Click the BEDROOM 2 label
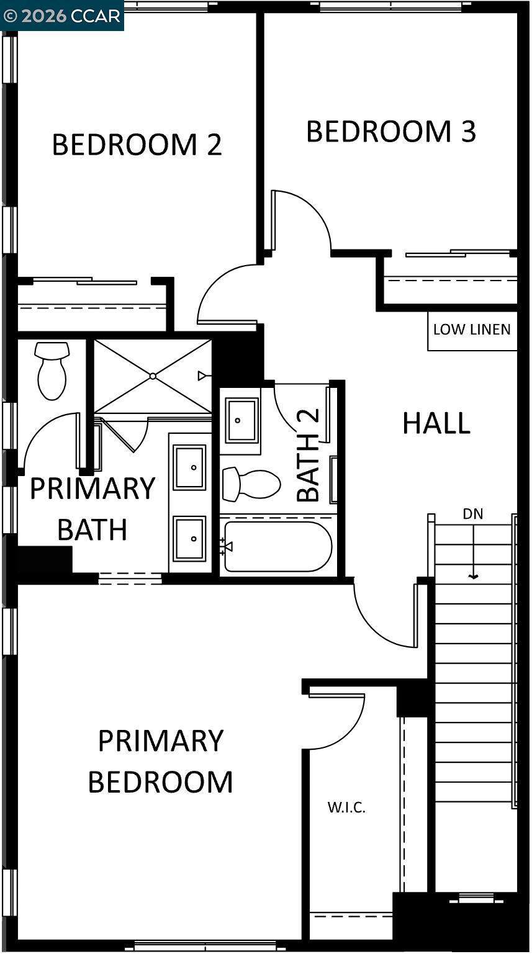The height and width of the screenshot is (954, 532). [137, 145]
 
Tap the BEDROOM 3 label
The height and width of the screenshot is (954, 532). [391, 132]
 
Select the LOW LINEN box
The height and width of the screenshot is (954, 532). [472, 330]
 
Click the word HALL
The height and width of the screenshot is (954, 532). [436, 423]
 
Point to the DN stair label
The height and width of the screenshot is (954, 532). [473, 514]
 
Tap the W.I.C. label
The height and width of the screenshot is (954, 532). [346, 808]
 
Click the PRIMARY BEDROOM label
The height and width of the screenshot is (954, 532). [160, 761]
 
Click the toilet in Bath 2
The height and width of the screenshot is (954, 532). [251, 484]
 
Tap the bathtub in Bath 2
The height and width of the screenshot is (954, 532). [277, 547]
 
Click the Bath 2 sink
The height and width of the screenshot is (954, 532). [241, 421]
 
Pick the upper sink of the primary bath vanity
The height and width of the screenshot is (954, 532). [189, 467]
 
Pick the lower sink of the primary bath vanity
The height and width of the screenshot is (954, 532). [189, 538]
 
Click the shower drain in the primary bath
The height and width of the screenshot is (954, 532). [153, 376]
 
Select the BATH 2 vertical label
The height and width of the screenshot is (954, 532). [309, 455]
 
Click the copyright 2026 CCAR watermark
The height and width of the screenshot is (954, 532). [61, 16]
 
